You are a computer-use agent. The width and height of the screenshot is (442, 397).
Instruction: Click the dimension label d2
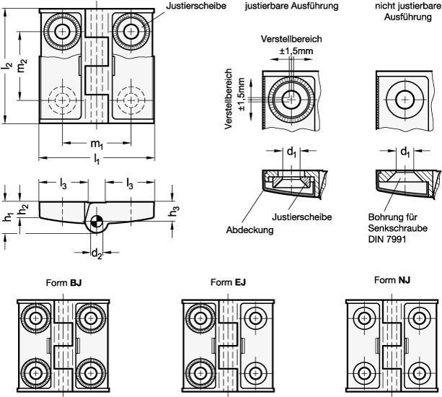[x=97, y=253]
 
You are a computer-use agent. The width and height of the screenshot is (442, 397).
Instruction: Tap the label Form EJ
[x=231, y=283]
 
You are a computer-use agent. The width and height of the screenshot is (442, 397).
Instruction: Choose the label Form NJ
[x=395, y=280]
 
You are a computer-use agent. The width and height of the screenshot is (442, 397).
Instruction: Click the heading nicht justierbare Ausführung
[x=403, y=11]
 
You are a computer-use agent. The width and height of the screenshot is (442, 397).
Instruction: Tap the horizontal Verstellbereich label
[x=293, y=39]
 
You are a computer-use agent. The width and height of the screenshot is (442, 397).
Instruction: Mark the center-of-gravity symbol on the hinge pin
[x=97, y=222]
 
